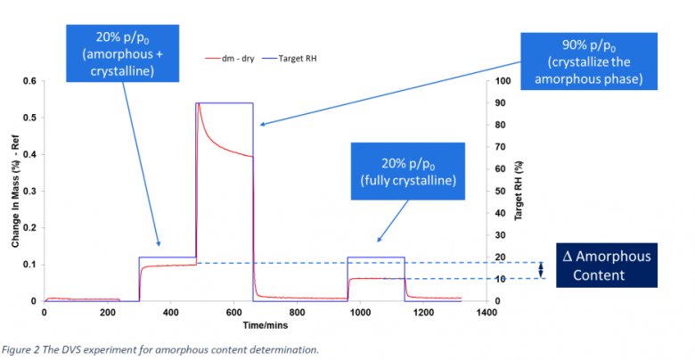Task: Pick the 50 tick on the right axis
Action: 503,192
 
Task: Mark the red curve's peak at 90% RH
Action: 198,104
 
